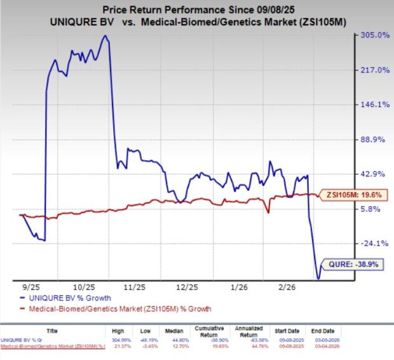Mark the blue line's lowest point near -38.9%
point(318,278)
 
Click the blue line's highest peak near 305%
point(104,36)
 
